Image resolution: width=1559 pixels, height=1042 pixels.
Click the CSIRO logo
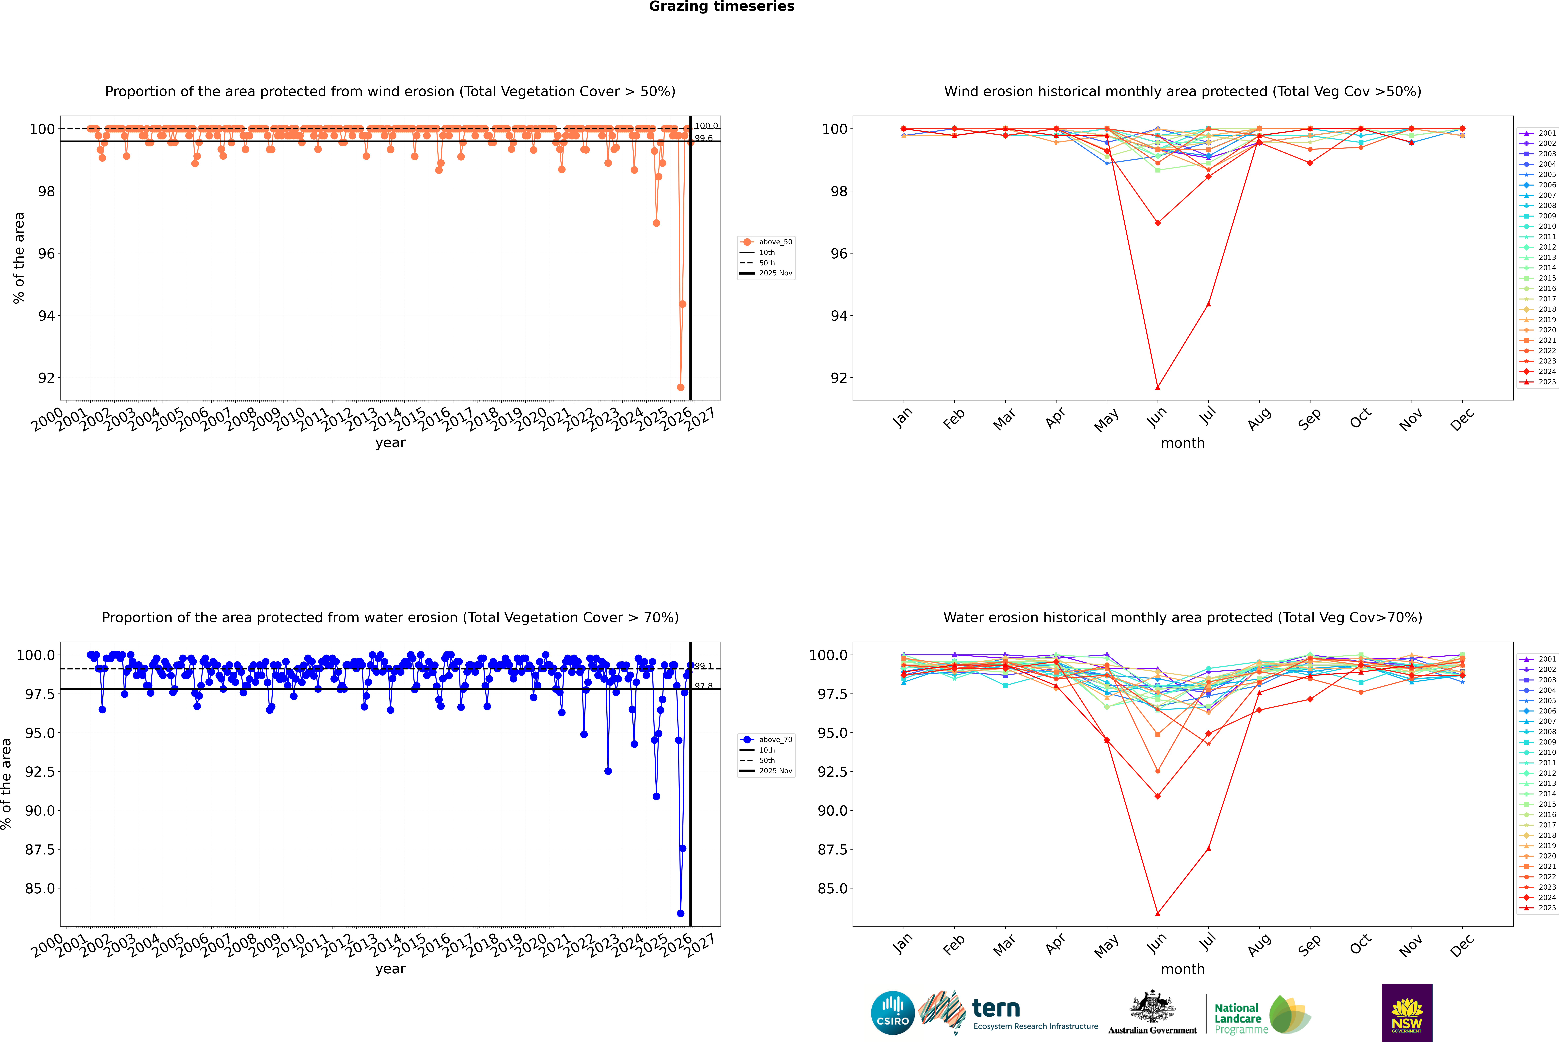click(893, 1013)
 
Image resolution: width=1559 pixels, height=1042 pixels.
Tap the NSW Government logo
click(1407, 1013)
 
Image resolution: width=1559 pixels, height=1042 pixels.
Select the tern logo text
click(995, 1009)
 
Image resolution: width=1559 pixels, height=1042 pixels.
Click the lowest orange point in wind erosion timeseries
click(680, 387)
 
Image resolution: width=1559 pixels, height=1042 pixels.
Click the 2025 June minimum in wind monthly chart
click(1158, 387)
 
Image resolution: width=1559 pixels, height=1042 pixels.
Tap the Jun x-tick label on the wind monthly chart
click(1156, 417)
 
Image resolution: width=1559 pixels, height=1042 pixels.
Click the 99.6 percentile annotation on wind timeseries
click(704, 138)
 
